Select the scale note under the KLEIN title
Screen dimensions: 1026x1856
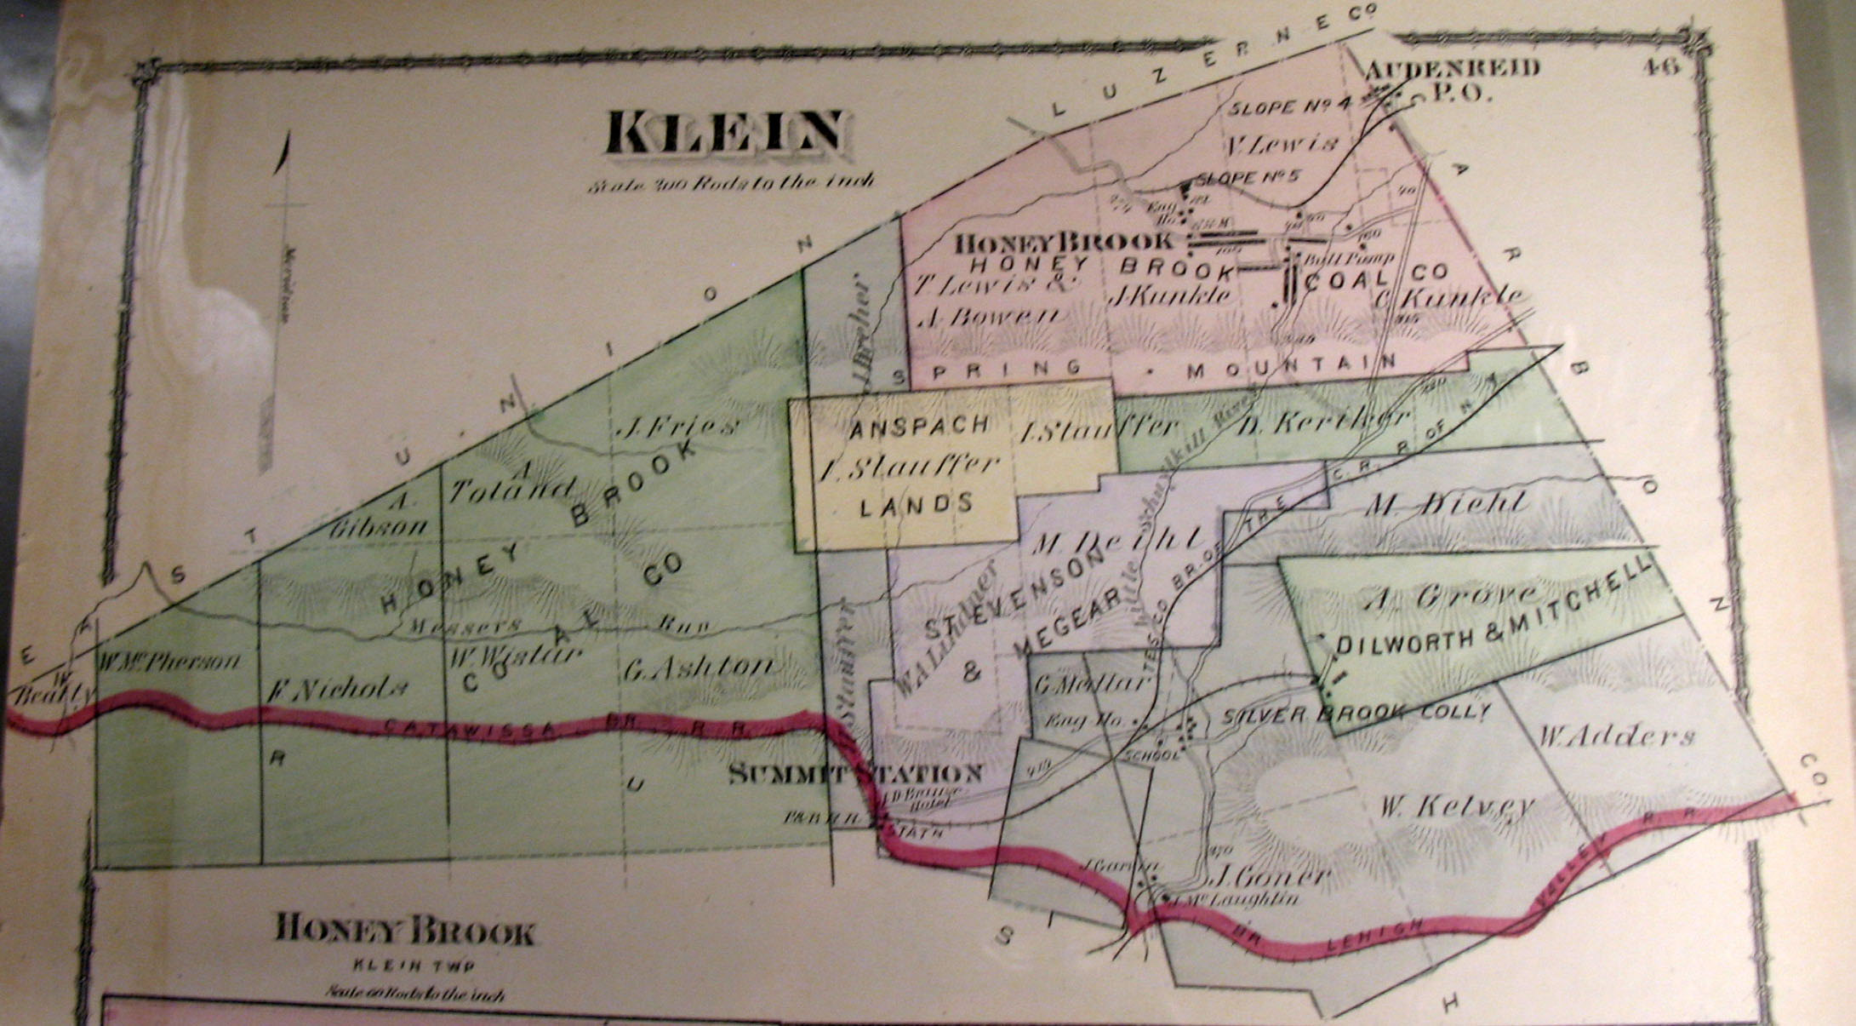[x=731, y=182]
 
